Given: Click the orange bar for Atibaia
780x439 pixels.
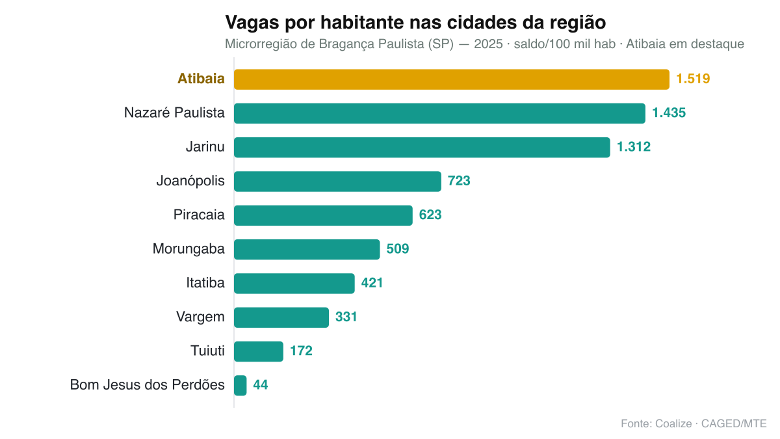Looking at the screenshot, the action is point(452,79).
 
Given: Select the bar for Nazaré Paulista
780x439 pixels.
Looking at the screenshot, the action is point(439,113).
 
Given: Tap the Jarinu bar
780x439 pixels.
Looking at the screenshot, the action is point(422,148).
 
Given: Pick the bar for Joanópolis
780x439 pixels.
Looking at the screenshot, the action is point(337,181).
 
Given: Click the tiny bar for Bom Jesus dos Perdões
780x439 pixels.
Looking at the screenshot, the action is point(240,385).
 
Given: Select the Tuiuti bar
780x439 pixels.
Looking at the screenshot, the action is point(259,351).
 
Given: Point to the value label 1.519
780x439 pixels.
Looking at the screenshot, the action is point(693,79).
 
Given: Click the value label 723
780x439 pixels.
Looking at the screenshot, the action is point(459,181).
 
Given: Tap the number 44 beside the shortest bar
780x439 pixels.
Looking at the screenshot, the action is point(261,385).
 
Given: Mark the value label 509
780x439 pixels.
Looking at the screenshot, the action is point(398,248).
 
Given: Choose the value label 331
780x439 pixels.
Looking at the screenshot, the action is point(346,317).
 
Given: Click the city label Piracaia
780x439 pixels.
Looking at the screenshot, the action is point(199,215).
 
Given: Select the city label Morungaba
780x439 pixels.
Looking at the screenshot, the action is point(188,249).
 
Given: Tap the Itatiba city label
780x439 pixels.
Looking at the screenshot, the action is point(205,283).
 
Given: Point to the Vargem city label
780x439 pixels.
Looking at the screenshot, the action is point(200,317).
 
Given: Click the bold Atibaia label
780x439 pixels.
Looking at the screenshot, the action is point(201,79).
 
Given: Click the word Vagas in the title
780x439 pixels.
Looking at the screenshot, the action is point(252,23).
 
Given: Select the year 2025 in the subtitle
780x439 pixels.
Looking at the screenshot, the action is point(488,44).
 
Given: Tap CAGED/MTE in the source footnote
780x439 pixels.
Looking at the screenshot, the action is point(734,423).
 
